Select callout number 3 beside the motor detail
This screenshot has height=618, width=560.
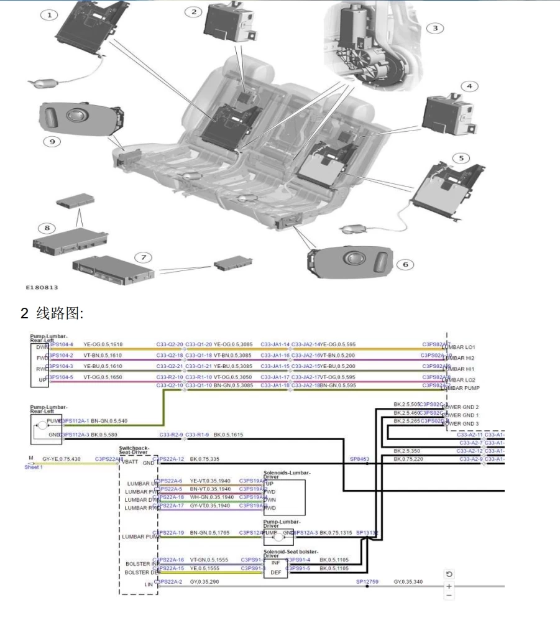pos(438,29)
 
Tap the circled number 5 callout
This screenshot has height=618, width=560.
pos(461,157)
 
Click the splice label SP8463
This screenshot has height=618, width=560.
pos(361,459)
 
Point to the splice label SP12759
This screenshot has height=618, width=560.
pos(367,581)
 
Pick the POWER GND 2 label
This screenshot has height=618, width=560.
pos(460,406)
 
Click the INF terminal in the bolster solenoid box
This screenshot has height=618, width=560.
pos(275,562)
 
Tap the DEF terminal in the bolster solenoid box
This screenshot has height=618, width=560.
pos(275,573)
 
